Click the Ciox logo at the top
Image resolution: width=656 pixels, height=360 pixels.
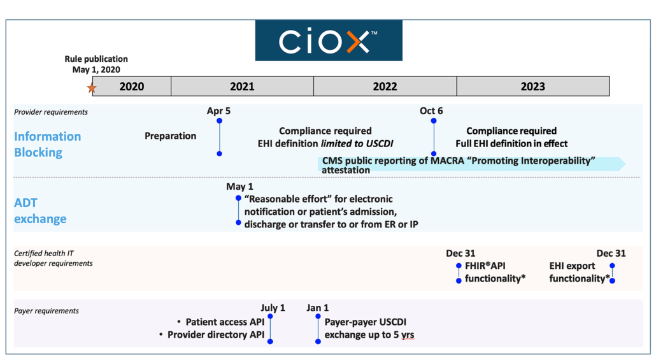(x=329, y=41)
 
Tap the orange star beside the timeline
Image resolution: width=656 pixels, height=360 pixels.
(x=92, y=88)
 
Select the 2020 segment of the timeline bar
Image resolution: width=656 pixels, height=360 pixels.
(x=132, y=86)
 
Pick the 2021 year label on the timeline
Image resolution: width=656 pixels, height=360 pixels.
(x=242, y=87)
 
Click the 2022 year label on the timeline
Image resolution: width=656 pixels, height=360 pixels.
(x=385, y=87)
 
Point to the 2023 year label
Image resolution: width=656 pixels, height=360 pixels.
(x=532, y=87)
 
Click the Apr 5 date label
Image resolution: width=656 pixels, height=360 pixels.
(x=218, y=111)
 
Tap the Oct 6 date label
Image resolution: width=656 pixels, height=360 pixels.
(x=431, y=111)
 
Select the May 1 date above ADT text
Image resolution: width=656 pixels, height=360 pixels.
(x=239, y=186)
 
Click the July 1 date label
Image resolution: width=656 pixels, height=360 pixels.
(x=273, y=308)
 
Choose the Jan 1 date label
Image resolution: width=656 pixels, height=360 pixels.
(x=318, y=308)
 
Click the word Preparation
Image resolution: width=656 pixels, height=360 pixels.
(x=170, y=136)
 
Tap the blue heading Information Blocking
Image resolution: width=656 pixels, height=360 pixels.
(x=48, y=145)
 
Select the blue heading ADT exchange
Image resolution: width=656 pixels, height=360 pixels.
(x=40, y=210)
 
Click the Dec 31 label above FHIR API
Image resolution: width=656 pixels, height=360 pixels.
(x=460, y=253)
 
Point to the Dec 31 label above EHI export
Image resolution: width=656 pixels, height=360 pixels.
(x=611, y=253)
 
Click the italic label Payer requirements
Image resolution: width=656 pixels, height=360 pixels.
(x=46, y=311)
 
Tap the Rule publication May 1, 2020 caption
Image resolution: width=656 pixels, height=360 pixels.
(x=96, y=64)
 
